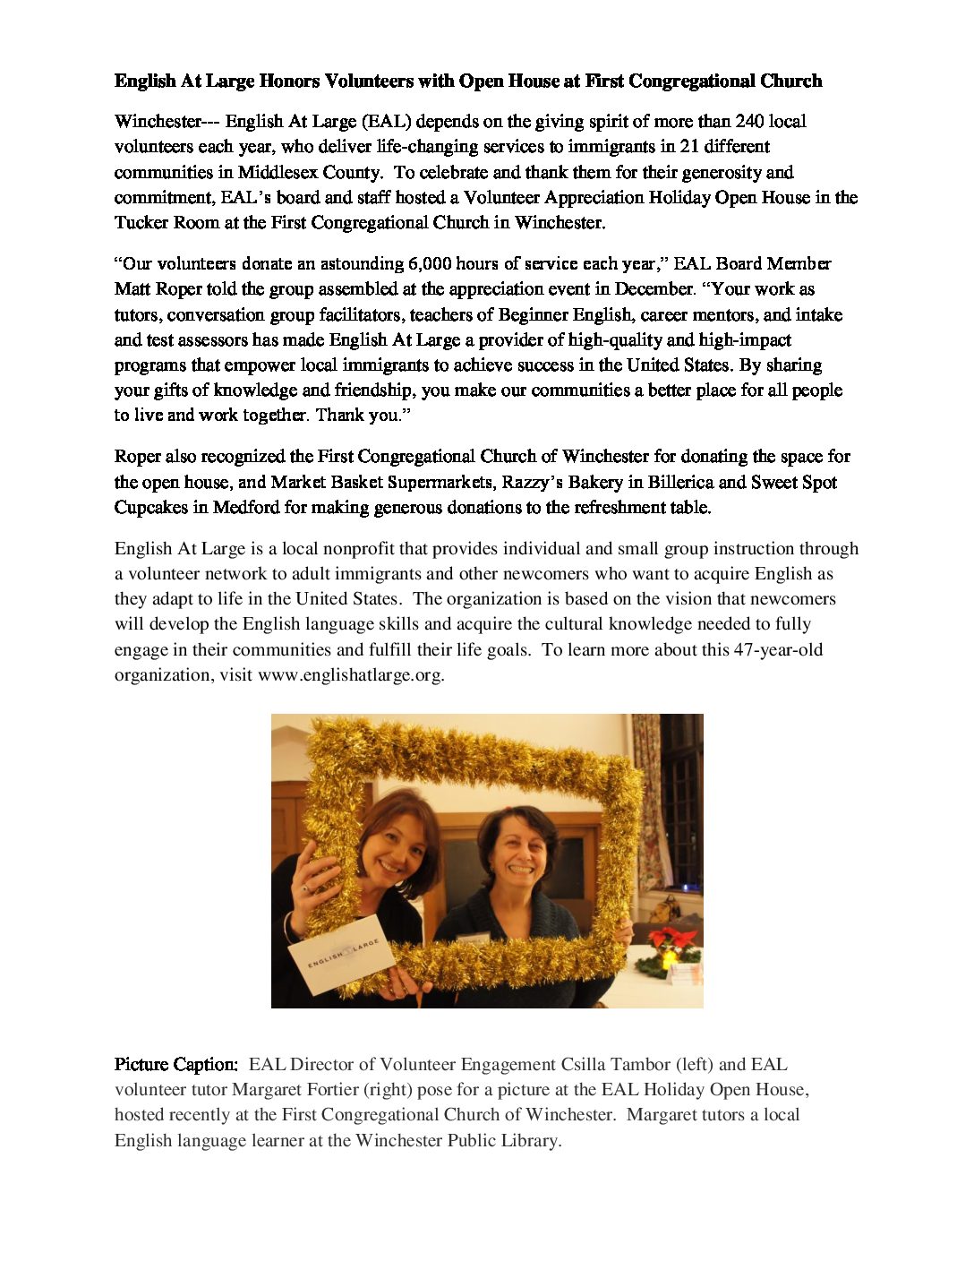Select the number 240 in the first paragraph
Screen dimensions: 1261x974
(x=749, y=122)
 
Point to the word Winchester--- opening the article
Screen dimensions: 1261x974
(x=167, y=122)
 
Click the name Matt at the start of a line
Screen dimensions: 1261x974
(x=132, y=289)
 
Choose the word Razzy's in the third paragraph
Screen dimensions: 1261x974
(x=533, y=483)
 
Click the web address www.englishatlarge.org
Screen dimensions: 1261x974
(x=350, y=675)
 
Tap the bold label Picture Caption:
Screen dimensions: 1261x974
(x=176, y=1065)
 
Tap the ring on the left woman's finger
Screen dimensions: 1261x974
(x=306, y=888)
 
